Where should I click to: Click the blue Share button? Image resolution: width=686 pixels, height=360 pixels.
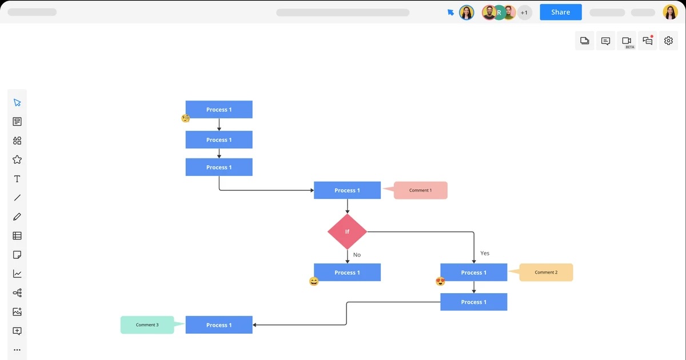pos(560,12)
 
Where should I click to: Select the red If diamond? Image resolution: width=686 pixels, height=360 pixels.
pos(347,231)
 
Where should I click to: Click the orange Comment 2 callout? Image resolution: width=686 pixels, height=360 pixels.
pos(547,273)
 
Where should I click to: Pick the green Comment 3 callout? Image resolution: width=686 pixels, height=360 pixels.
pos(147,325)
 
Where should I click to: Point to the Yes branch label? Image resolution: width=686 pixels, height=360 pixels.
pos(485,253)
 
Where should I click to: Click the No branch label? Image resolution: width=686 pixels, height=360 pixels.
pos(357,255)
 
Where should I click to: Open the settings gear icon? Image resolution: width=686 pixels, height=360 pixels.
pos(668,41)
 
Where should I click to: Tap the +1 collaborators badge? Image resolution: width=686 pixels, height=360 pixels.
pos(524,13)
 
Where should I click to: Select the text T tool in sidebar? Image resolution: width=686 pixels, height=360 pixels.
pos(17,179)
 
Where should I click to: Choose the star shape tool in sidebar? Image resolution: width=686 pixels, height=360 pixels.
pos(17,160)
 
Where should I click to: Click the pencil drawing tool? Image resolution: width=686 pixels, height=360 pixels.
pos(17,217)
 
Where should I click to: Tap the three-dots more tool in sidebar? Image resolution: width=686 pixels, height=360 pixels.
pos(17,350)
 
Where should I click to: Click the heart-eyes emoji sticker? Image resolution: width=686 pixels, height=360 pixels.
pos(440,281)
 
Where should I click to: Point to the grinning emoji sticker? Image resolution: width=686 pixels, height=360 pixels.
pos(314,281)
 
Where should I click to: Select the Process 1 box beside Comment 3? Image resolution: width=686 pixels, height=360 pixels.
pos(219,325)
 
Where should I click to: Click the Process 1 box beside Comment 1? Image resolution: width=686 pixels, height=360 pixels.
pos(347,190)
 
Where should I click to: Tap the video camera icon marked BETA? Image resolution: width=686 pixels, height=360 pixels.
pos(627,41)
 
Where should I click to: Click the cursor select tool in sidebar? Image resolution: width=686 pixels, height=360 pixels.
pos(17,103)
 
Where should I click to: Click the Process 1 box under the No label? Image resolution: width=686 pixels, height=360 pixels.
pos(347,273)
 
